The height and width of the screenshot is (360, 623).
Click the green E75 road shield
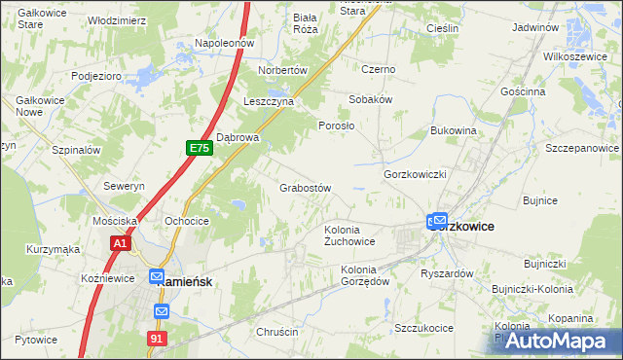click(199, 148)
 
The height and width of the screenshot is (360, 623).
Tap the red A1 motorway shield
click(120, 243)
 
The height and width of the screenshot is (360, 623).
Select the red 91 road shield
click(158, 337)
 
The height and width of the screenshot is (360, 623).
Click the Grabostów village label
click(307, 188)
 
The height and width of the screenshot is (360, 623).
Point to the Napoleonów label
click(224, 44)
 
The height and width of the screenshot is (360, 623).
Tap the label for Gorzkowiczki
click(415, 173)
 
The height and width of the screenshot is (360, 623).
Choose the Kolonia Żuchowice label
click(349, 235)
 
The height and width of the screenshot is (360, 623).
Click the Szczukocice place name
click(423, 328)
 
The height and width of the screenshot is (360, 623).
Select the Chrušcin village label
click(276, 332)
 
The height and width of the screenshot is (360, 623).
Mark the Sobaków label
click(371, 100)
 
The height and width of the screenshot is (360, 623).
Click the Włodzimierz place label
click(117, 20)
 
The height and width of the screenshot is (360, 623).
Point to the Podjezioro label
click(95, 75)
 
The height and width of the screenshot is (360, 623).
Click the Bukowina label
click(454, 129)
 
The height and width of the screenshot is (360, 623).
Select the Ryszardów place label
click(447, 273)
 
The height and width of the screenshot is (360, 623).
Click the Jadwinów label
click(540, 28)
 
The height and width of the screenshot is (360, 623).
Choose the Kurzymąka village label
click(55, 249)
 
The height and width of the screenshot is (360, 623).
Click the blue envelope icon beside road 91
click(162, 311)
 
